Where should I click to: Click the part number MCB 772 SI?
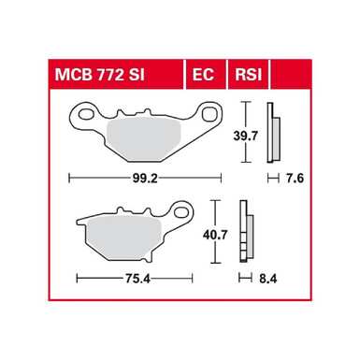[100, 75]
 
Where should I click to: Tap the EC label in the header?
[203, 75]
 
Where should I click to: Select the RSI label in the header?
[249, 75]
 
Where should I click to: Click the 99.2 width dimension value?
[145, 179]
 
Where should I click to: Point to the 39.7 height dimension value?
[246, 136]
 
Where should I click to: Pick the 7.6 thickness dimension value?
[295, 179]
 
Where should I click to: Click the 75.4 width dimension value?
[137, 279]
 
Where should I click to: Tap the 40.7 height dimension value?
[215, 235]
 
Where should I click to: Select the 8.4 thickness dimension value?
[267, 279]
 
